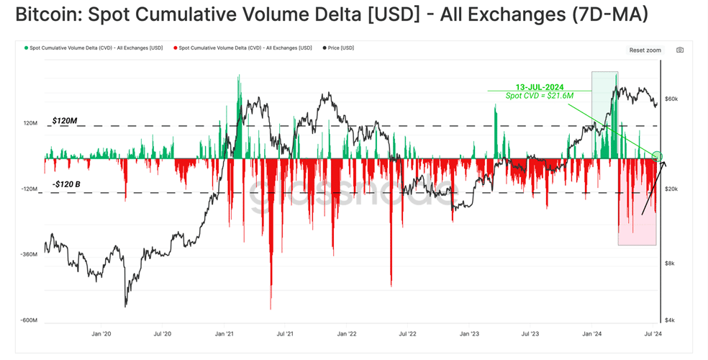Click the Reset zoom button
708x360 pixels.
pyautogui.click(x=645, y=50)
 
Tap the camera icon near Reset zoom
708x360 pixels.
pyautogui.click(x=680, y=50)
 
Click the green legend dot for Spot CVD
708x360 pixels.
pyautogui.click(x=26, y=48)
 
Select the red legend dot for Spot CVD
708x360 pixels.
pyautogui.click(x=175, y=48)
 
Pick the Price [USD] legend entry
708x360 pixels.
pyautogui.click(x=338, y=48)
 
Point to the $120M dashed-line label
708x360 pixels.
pyautogui.click(x=65, y=121)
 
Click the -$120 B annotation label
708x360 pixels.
pyautogui.click(x=66, y=184)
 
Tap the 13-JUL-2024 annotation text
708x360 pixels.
pyautogui.click(x=540, y=87)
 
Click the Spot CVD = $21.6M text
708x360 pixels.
pyautogui.click(x=540, y=95)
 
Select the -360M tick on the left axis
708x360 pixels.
pyautogui.click(x=29, y=254)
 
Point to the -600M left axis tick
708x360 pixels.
pyautogui.click(x=29, y=320)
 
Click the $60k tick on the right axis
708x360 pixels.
pyautogui.click(x=671, y=99)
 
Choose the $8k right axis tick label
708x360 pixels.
pyautogui.click(x=670, y=264)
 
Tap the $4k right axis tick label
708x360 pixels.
pyautogui.click(x=670, y=320)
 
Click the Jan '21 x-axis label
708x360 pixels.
pyautogui.click(x=224, y=334)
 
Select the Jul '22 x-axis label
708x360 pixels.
pyautogui.click(x=407, y=334)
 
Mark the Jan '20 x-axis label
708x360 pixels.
pyautogui.click(x=101, y=334)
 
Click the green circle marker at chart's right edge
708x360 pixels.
pyautogui.click(x=658, y=156)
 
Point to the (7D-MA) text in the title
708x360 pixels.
pyautogui.click(x=609, y=15)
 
